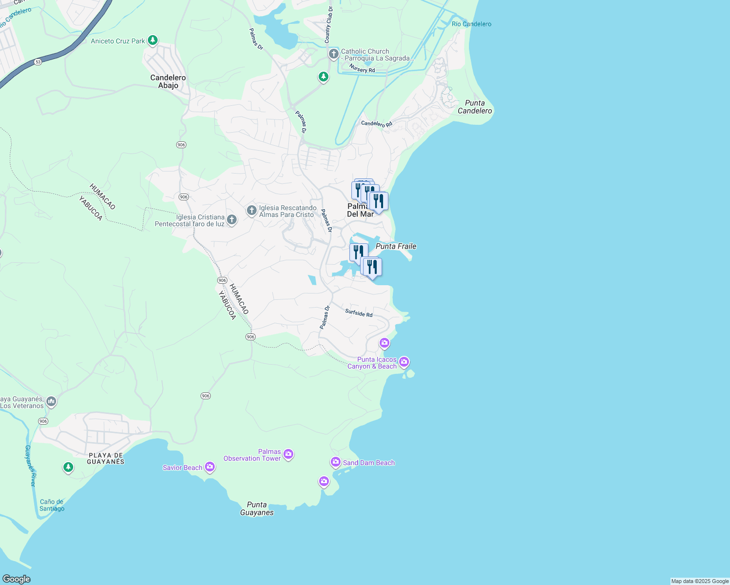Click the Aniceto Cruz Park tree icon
153,40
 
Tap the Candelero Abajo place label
168,81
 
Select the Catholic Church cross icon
334,54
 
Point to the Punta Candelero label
475,107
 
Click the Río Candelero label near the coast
471,24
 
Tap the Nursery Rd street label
362,70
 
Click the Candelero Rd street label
377,124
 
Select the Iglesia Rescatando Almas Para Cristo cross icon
251,211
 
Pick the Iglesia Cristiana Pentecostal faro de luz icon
232,220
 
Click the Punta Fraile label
396,246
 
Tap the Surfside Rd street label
359,313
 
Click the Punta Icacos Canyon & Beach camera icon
404,362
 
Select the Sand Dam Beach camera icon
335,462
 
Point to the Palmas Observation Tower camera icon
288,454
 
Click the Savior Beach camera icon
210,467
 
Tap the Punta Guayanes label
257,508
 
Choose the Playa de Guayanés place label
106,458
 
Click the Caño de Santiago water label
52,505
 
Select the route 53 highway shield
38,62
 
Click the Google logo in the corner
16,579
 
